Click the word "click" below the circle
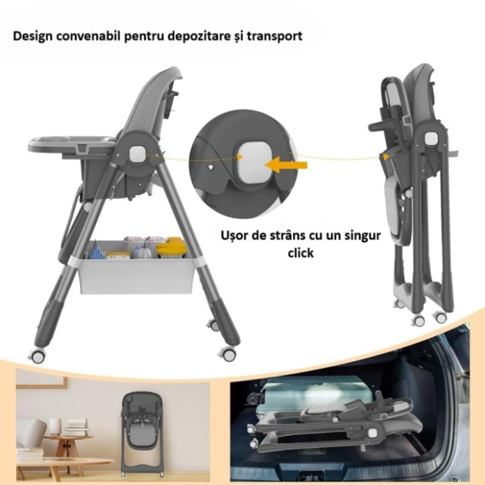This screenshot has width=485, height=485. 301,253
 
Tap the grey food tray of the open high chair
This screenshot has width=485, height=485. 69,143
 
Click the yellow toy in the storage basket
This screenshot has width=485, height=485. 172,247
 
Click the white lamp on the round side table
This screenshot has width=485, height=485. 55,425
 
